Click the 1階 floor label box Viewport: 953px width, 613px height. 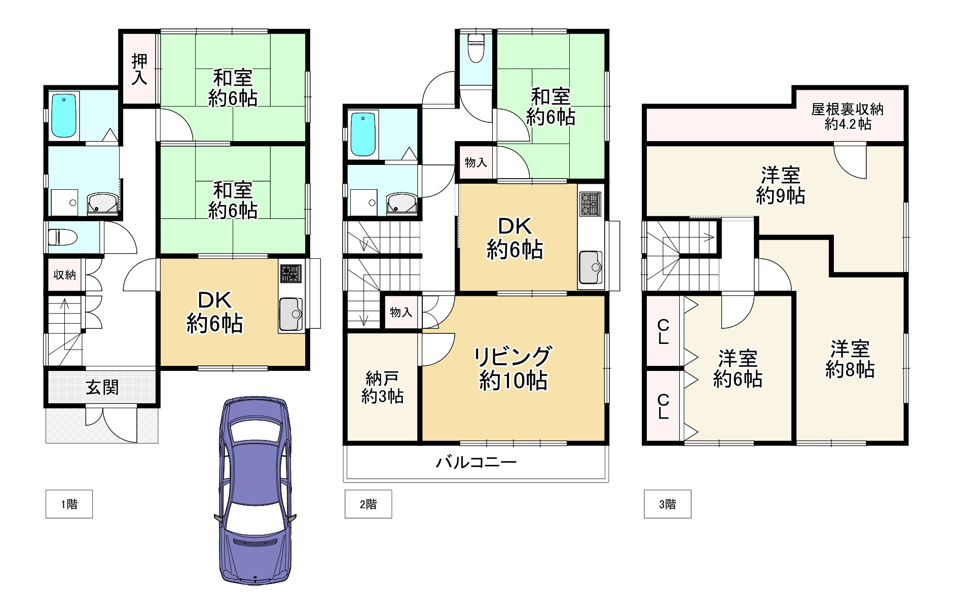[x=69, y=504]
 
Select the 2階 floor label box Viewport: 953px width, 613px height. [x=368, y=504]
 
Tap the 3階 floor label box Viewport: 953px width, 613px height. [x=667, y=504]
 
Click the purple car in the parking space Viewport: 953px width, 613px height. [x=255, y=490]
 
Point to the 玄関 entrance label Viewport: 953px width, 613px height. [x=102, y=388]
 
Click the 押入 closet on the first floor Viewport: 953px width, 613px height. [x=140, y=69]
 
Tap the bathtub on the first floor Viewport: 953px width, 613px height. [x=64, y=116]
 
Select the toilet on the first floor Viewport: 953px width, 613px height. [x=62, y=237]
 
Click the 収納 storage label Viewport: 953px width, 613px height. [x=65, y=275]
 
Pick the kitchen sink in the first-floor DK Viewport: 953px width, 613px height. [x=291, y=314]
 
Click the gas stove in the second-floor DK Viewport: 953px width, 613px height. [x=590, y=204]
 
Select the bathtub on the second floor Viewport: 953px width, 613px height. [x=363, y=134]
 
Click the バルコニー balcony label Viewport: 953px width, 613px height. [x=476, y=462]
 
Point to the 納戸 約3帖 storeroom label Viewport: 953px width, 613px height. [x=382, y=387]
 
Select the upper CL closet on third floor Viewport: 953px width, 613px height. [x=663, y=331]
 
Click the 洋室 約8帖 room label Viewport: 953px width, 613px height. [x=850, y=359]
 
